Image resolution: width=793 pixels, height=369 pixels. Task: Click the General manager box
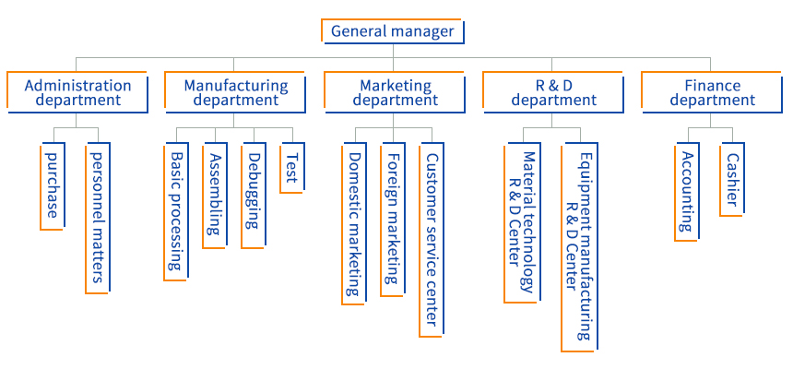[392, 31]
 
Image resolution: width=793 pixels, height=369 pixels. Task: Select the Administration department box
[77, 92]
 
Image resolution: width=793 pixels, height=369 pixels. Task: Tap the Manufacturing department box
[236, 92]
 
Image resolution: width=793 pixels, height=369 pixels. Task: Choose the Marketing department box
[395, 92]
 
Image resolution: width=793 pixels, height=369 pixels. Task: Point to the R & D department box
[553, 92]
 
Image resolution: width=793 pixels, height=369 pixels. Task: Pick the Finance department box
[712, 92]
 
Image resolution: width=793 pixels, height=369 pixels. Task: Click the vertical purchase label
[54, 185]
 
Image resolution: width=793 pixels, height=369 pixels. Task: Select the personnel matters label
[98, 218]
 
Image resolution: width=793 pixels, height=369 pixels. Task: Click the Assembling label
[215, 195]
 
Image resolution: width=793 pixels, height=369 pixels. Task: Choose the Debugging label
[254, 195]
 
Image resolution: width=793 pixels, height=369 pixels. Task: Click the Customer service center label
[432, 238]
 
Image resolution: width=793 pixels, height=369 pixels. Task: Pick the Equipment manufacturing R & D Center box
[578, 246]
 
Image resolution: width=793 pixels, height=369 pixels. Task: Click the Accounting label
[687, 191]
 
